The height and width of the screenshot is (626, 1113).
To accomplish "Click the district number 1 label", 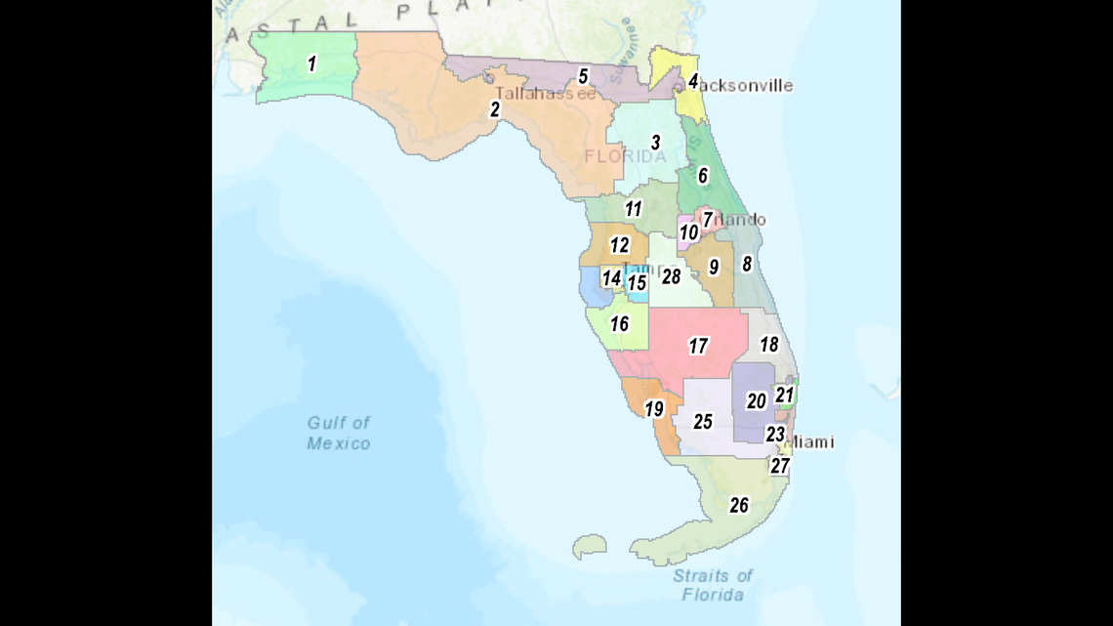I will (x=311, y=64).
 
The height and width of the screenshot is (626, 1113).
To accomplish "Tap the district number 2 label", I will (x=495, y=109).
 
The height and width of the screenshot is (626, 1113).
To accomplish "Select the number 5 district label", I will (x=583, y=75).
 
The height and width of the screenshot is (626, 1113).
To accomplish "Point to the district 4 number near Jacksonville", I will (x=693, y=81).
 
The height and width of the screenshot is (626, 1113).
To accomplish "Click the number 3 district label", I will (x=656, y=143).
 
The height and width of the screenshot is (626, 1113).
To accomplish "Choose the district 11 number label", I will (x=634, y=209).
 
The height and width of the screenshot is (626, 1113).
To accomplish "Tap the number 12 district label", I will (x=620, y=245).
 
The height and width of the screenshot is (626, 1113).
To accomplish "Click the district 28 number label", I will (x=671, y=276).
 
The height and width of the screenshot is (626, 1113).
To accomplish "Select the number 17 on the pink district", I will (x=697, y=346).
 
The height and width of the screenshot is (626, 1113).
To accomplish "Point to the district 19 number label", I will (x=653, y=409).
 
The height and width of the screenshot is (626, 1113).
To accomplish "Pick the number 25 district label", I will (x=703, y=422).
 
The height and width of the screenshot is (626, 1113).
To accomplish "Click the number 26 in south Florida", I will (x=739, y=505).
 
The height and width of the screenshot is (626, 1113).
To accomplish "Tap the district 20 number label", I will (x=757, y=400).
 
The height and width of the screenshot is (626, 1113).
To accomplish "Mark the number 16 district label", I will (x=620, y=323).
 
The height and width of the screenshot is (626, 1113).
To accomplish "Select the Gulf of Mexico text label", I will (x=339, y=433).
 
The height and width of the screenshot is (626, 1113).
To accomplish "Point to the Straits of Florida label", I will (x=713, y=584).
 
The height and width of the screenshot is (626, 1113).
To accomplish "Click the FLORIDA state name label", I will (x=626, y=156).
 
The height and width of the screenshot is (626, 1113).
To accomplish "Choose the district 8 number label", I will (x=747, y=263).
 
